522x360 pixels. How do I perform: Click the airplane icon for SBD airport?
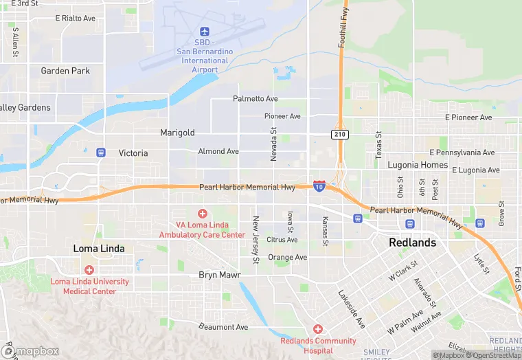204,32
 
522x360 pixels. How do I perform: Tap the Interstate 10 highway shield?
319,185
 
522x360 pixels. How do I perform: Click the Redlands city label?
412,243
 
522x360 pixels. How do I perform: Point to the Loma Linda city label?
99,248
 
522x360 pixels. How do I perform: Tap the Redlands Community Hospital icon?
317,330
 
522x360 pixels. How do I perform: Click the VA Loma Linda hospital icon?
202,214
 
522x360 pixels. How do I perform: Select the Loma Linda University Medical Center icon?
89,270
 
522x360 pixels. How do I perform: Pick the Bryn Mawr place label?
220,275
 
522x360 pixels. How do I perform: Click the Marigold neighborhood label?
178,132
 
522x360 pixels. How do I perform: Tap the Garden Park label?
65,71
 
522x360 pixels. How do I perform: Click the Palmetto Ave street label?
256,99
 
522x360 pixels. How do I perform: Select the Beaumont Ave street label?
223,327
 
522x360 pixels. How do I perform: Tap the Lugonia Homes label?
418,166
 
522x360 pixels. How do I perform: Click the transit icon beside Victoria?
101,153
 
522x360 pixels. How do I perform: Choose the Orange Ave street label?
287,258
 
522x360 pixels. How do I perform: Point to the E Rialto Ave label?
75,19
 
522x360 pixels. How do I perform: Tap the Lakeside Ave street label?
351,308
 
